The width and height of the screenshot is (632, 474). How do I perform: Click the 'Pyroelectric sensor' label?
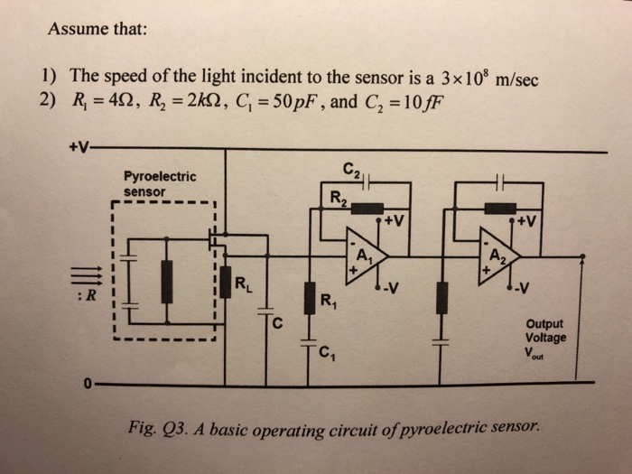point(160,184)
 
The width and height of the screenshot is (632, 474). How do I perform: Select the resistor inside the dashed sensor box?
point(167,282)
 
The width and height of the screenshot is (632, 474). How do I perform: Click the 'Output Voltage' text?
point(546,330)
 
